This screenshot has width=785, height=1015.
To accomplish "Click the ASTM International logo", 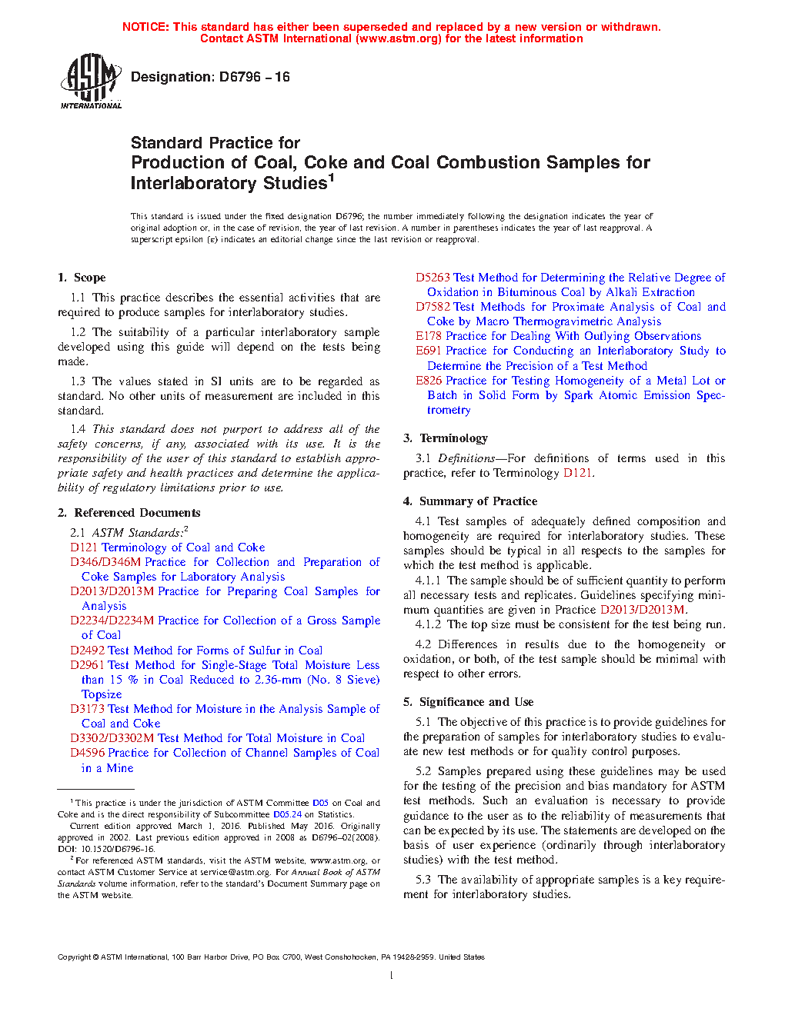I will pos(90,81).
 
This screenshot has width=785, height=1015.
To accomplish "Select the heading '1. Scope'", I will pos(82,278).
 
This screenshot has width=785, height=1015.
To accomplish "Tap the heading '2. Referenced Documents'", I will pos(129,513).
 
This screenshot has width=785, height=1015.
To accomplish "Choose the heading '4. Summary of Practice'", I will pos(470,501).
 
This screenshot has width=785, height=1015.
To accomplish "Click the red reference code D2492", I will pos(87,651).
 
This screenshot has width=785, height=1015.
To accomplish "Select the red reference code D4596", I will pos(87,753).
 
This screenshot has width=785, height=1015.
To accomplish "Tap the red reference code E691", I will pos(429,351).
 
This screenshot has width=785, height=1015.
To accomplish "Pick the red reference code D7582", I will pos(433,307).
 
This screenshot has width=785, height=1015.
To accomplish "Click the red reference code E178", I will pos(429,336).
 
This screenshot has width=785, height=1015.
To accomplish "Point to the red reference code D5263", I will pos(433,278).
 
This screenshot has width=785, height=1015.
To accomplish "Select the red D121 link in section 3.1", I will pos(577,473).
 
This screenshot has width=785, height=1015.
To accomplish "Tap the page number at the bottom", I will pos(392,976).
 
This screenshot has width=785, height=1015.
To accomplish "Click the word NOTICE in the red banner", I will pos(145,27).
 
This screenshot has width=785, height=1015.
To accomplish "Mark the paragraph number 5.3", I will pos(423,880).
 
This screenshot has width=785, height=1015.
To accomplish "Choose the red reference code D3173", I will pos(87,709).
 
